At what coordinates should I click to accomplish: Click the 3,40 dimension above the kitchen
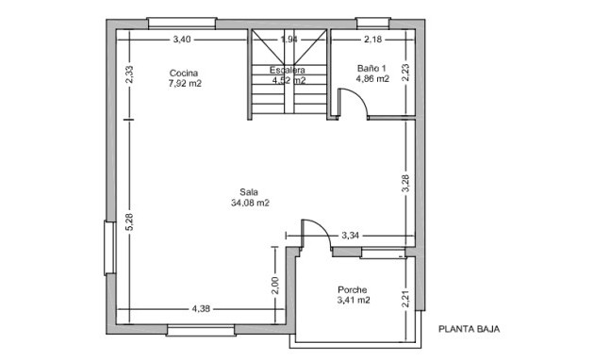tap(182, 40)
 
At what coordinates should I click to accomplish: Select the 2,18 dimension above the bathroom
tap(373, 40)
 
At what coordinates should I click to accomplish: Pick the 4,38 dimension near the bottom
tap(201, 308)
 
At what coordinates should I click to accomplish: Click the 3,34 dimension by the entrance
tap(351, 235)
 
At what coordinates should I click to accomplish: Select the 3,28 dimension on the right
tap(405, 183)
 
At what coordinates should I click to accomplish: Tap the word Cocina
tap(184, 73)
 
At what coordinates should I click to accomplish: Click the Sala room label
tap(249, 191)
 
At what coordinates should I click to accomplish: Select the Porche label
tap(352, 290)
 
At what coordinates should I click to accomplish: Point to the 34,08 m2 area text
tap(250, 203)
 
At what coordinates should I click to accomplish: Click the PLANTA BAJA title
tap(468, 330)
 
